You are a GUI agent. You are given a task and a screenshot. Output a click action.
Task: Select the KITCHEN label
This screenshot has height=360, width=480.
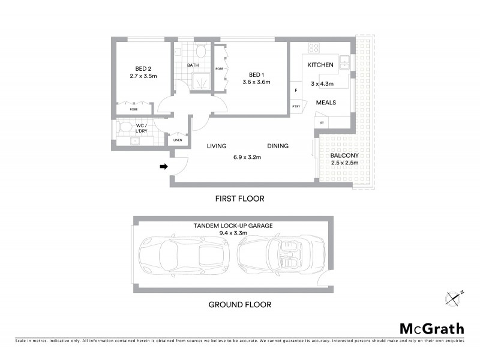pos(320,65)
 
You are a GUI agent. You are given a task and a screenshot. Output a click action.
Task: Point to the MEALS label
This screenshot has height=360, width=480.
pos(326,103)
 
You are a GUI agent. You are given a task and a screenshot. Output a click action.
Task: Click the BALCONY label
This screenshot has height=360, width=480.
pos(344,155)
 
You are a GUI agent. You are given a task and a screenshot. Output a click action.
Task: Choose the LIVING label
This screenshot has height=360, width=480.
pos(215,146)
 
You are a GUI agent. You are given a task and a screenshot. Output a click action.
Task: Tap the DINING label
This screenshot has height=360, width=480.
pos(278,146)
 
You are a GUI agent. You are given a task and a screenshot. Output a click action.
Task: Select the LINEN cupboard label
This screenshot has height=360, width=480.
pos(178,140)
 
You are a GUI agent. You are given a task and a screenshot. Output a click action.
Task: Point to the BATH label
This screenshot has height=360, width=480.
pos(193,65)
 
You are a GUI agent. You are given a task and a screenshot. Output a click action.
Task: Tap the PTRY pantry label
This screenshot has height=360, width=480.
pos(296,107)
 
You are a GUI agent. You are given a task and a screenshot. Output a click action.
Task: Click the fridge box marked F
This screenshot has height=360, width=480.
pos(295,91)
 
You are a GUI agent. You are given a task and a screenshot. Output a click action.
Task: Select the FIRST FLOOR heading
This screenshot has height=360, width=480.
pos(239,198)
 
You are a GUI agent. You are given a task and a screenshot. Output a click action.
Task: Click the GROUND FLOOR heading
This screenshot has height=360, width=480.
pos(239,304)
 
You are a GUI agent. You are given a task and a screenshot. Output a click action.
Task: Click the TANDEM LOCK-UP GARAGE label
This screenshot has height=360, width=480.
pos(233,226)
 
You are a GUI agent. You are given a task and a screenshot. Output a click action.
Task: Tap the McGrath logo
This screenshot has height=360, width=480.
pos(431,328)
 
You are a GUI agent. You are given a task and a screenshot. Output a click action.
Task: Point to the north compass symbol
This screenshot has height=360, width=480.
pos(455,296)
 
